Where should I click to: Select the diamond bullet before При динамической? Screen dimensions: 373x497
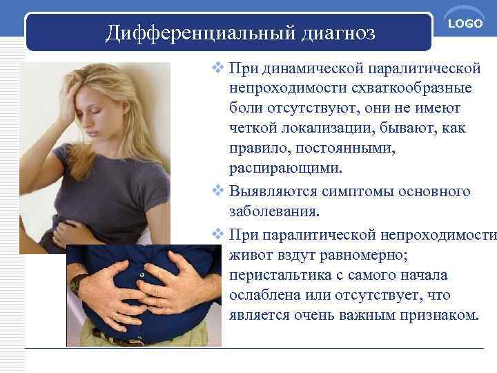click(x=218, y=69)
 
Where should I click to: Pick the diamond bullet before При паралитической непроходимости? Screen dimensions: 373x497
click(x=218, y=234)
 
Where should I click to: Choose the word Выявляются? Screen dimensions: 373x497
click(x=268, y=191)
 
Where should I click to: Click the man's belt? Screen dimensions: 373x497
click(x=124, y=338)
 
